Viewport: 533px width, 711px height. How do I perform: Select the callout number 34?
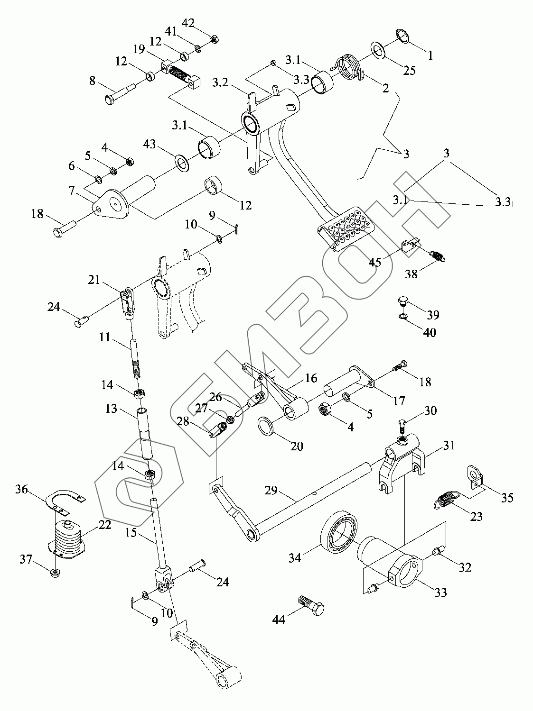294,558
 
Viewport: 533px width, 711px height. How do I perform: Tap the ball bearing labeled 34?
340,536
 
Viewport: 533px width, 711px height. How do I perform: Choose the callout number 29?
271,491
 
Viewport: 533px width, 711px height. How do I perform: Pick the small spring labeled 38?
439,256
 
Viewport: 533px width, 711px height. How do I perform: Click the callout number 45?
375,262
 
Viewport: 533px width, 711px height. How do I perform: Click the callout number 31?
449,445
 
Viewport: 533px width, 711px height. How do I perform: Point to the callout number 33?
440,592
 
